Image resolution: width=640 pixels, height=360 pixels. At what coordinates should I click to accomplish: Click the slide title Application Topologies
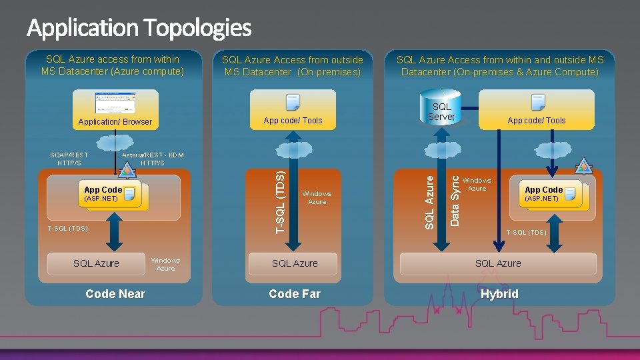[x=139, y=28]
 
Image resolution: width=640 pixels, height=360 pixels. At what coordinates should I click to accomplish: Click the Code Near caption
[x=115, y=294]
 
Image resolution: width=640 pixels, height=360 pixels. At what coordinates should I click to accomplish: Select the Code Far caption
[x=295, y=294]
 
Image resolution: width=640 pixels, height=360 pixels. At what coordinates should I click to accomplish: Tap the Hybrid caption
[x=499, y=294]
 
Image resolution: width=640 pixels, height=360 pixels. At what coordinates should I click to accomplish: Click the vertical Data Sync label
[x=455, y=199]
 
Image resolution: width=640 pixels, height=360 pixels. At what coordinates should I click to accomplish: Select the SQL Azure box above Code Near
[x=96, y=263]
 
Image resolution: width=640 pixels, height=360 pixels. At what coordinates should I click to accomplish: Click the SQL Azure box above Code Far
[x=295, y=263]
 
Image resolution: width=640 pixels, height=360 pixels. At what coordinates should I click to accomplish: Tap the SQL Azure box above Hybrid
[x=498, y=263]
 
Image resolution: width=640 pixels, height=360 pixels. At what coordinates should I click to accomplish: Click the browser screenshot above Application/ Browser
[x=116, y=102]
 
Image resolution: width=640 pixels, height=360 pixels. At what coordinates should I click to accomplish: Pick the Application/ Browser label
[x=115, y=122]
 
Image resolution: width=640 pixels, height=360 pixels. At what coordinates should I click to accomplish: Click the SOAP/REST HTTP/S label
[x=69, y=159]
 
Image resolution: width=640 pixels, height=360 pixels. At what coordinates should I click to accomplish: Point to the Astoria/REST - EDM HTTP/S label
[x=153, y=159]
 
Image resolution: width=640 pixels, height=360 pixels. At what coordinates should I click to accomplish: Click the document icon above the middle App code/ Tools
[x=293, y=102]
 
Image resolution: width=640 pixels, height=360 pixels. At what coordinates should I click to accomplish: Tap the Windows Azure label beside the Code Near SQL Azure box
[x=165, y=264]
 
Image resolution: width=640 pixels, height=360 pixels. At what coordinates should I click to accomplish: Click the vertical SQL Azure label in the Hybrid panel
[x=430, y=199]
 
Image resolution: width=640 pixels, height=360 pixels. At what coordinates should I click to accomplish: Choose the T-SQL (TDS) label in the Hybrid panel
[x=526, y=233]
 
